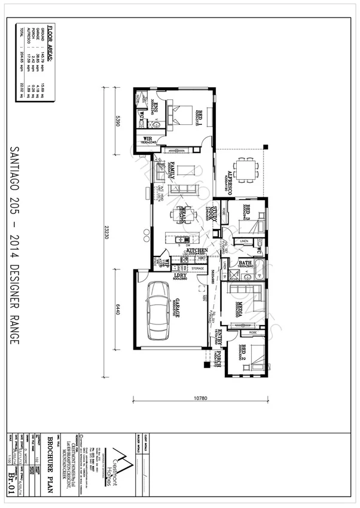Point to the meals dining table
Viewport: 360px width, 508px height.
click(182, 215)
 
